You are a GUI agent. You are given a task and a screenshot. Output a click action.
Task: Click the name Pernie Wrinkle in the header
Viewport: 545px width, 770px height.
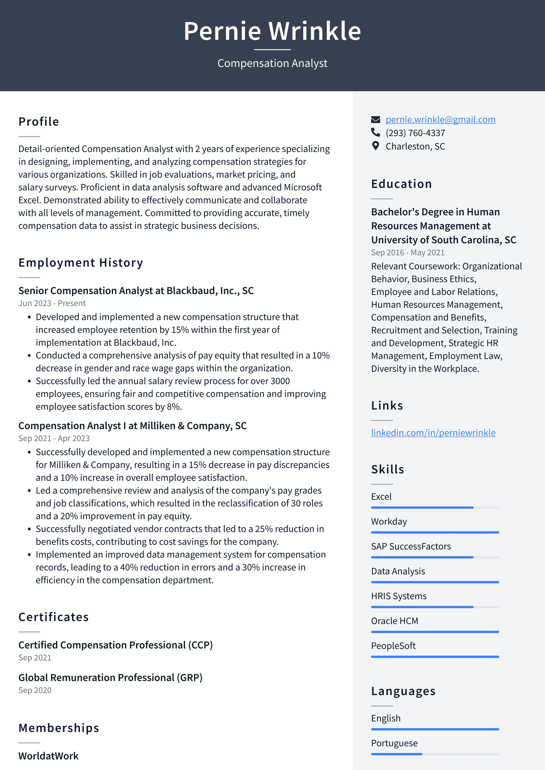[x=272, y=31]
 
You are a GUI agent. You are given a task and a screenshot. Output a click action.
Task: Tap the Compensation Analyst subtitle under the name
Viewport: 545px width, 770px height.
[x=272, y=63]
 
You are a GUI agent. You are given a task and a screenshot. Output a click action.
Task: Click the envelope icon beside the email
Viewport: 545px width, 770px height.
[x=376, y=119]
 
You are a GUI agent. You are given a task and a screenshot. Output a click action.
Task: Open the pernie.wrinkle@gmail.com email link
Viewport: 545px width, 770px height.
[x=440, y=119]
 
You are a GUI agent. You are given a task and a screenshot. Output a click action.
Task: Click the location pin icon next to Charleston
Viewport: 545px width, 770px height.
[x=376, y=146]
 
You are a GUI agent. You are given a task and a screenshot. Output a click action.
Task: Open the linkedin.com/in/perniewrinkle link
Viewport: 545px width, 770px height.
[x=433, y=433]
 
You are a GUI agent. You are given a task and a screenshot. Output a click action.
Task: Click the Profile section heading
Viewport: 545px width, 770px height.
[x=39, y=121]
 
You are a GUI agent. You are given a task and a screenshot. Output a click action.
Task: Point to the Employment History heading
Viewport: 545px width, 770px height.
[x=81, y=263]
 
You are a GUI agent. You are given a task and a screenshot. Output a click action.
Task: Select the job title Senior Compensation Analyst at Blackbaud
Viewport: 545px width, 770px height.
[x=136, y=291]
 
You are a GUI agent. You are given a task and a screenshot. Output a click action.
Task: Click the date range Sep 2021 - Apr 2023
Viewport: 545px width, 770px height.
[x=54, y=438]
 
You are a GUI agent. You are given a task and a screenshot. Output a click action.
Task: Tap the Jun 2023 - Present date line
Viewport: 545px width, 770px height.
[x=52, y=303]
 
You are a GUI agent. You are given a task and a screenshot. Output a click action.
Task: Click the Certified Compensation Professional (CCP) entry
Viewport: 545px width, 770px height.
[x=116, y=645]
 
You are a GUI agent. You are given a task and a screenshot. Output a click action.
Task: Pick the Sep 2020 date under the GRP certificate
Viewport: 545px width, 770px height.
[x=35, y=690]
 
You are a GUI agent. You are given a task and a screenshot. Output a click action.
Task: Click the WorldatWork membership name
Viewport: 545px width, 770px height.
[x=48, y=756]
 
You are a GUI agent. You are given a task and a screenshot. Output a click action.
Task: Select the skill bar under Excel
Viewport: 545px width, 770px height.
[x=435, y=507]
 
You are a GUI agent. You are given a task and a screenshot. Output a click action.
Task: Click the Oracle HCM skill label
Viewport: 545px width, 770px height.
[x=394, y=621]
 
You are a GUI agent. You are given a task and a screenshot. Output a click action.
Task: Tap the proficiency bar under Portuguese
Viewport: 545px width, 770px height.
[x=435, y=754]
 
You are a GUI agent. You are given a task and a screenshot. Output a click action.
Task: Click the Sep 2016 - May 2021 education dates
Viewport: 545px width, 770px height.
[x=407, y=252]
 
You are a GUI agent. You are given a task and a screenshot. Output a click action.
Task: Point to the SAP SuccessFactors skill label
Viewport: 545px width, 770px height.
[x=411, y=546]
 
